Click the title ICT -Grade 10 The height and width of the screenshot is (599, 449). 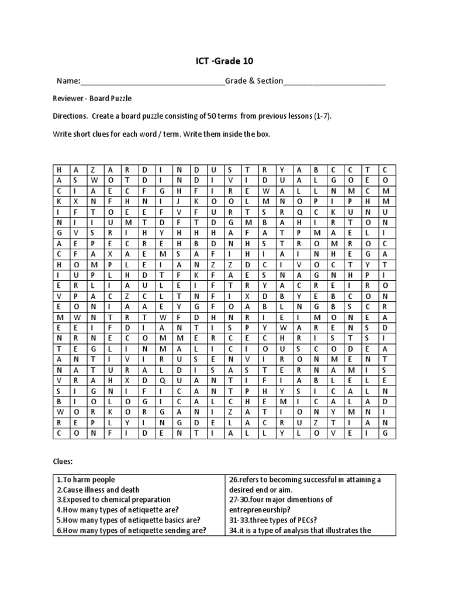224,61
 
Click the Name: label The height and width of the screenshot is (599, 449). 67,81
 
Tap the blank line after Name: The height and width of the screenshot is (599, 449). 151,82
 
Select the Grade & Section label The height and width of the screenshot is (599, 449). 254,81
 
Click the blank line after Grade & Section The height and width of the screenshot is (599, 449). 334,82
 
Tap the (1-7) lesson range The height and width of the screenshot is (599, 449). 323,116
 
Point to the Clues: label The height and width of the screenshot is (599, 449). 63,461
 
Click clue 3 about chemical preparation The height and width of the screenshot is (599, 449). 114,500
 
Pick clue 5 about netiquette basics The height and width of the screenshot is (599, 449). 129,519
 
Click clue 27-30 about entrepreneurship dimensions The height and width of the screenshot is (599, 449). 281,504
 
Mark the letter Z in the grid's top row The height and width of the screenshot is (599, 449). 92,169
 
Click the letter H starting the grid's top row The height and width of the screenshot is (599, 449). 59,169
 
